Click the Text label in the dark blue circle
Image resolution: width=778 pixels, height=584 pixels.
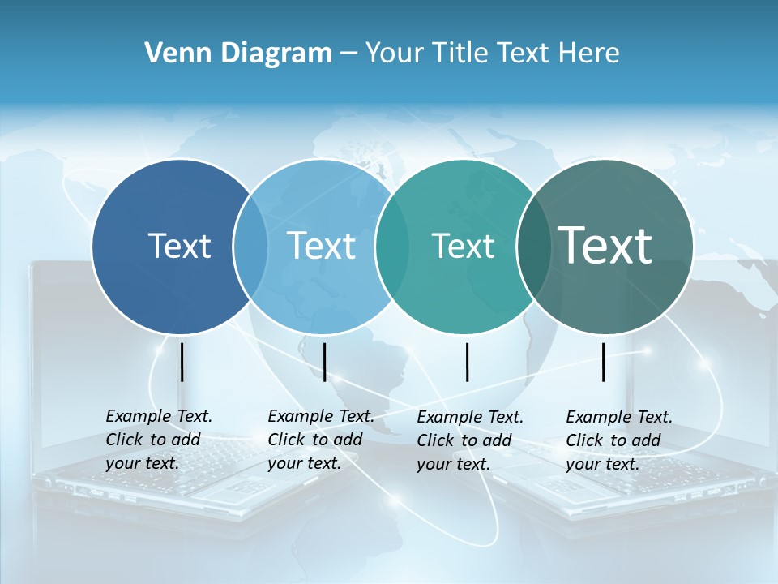point(179,246)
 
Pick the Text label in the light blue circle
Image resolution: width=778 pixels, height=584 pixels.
point(321,246)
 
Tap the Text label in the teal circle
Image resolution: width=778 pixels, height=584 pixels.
point(463,246)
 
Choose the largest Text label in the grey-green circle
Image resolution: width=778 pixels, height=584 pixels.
point(605,245)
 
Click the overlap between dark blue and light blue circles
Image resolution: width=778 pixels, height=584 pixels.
point(250,246)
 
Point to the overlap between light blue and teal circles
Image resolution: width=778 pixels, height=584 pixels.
point(392,246)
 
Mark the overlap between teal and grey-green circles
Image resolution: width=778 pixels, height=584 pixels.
point(532,246)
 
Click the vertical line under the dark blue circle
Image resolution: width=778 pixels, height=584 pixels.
point(182,362)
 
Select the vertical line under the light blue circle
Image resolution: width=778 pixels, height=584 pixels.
point(324,362)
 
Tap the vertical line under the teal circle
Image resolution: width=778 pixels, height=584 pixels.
point(467,362)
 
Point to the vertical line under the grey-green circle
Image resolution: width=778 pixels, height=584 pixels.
point(604,362)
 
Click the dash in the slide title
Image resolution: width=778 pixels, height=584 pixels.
point(348,54)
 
